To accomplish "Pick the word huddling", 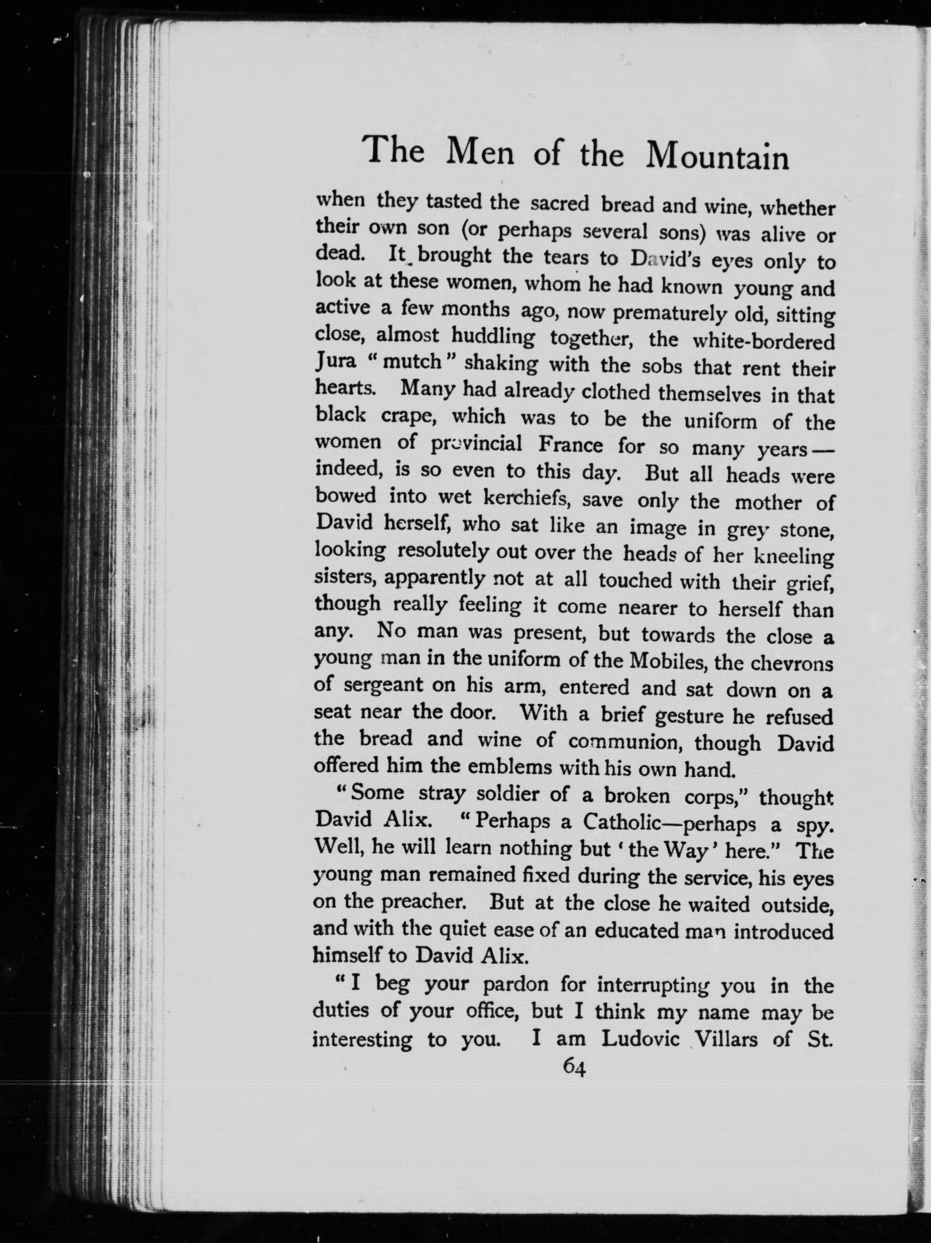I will (492, 337).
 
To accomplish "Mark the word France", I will (570, 445).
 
